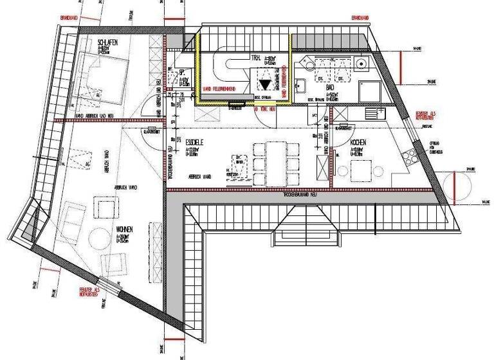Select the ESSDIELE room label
(195, 141)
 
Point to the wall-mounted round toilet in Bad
(362, 63)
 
